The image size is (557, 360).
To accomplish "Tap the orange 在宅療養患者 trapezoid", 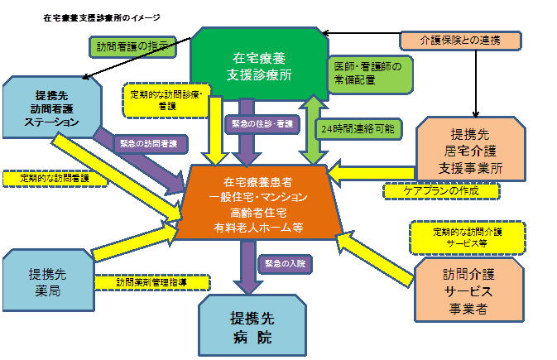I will (x=264, y=204).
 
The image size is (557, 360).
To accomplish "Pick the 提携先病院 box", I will (x=251, y=327).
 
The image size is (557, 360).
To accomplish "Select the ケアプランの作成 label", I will (x=443, y=191).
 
